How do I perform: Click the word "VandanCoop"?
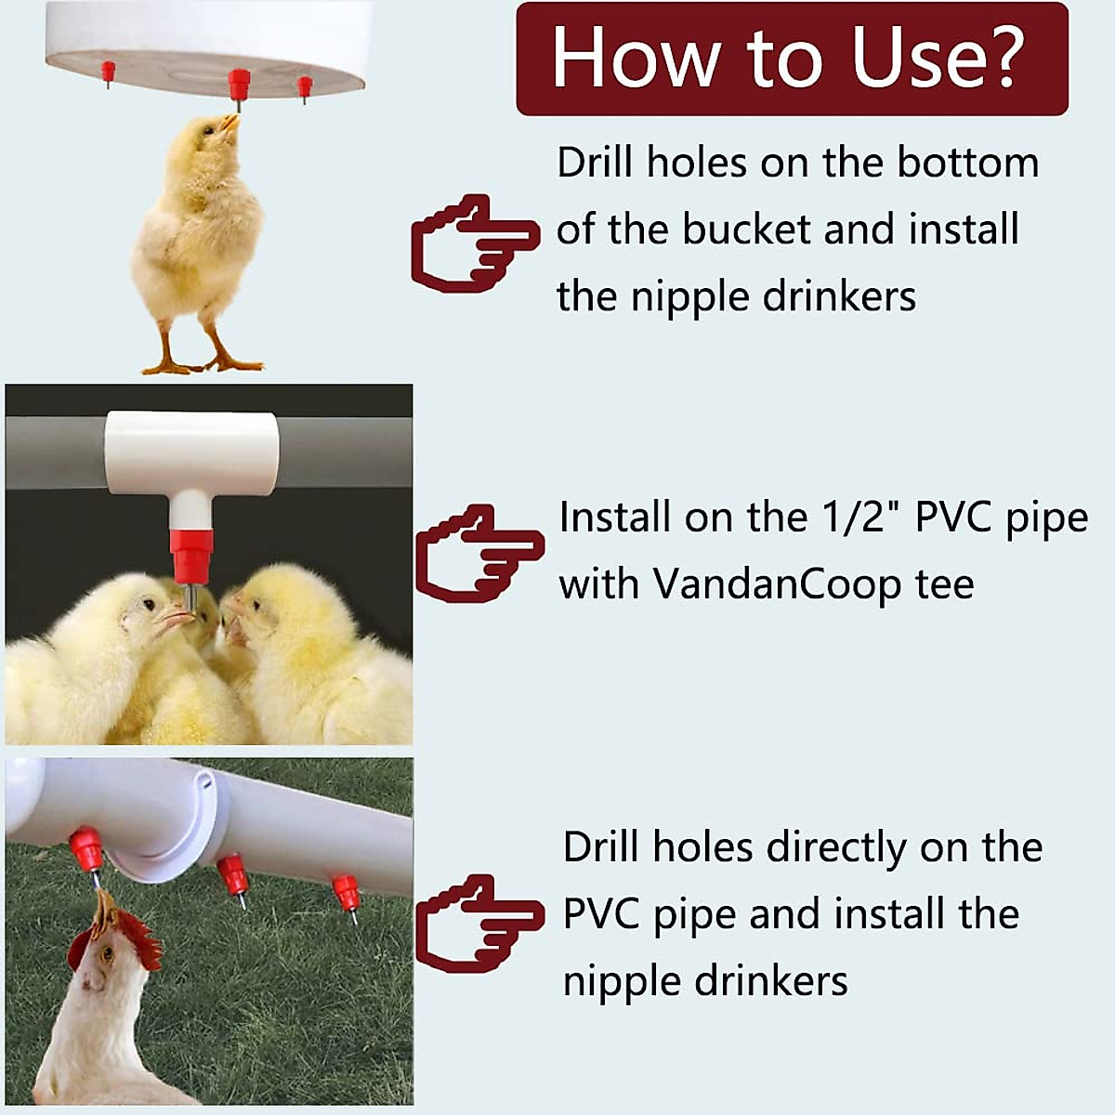(x=776, y=584)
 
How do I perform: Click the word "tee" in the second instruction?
(x=944, y=584)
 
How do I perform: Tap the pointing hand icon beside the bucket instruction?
(x=474, y=243)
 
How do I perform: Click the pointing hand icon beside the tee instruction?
(x=478, y=554)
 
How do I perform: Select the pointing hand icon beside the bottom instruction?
(x=478, y=923)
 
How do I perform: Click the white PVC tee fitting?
(x=191, y=453)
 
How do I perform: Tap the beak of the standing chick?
(x=230, y=122)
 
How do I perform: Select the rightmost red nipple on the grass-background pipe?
(x=347, y=893)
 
